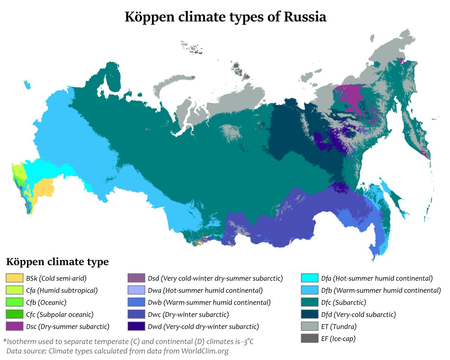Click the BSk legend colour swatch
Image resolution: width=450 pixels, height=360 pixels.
(x=14, y=278)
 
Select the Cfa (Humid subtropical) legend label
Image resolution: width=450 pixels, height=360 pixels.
(x=62, y=290)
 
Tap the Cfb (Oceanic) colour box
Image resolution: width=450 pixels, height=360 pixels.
(x=14, y=302)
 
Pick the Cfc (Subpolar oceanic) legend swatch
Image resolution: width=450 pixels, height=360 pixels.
(x=14, y=314)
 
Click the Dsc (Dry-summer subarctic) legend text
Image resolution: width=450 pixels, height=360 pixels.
(x=67, y=327)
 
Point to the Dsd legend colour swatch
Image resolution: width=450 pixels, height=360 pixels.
(x=136, y=278)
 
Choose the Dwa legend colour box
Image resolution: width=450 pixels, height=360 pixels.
(x=136, y=290)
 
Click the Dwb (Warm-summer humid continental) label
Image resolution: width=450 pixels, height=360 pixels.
(x=209, y=302)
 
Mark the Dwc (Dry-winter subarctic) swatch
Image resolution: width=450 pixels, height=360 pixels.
(x=136, y=314)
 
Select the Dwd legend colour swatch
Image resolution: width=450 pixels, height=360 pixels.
(x=136, y=327)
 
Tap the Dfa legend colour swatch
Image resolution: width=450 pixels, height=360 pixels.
(x=310, y=278)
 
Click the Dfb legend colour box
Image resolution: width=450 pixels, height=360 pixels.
(x=310, y=290)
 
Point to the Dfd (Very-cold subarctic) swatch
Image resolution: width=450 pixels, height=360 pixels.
(x=310, y=314)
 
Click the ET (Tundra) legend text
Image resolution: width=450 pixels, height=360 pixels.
(x=339, y=327)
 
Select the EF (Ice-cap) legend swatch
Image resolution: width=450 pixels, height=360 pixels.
(x=310, y=339)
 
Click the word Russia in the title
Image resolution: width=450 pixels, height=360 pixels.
(x=305, y=17)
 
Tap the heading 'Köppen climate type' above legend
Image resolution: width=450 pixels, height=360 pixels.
(x=57, y=262)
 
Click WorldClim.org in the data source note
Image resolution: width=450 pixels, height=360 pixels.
(x=205, y=351)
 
